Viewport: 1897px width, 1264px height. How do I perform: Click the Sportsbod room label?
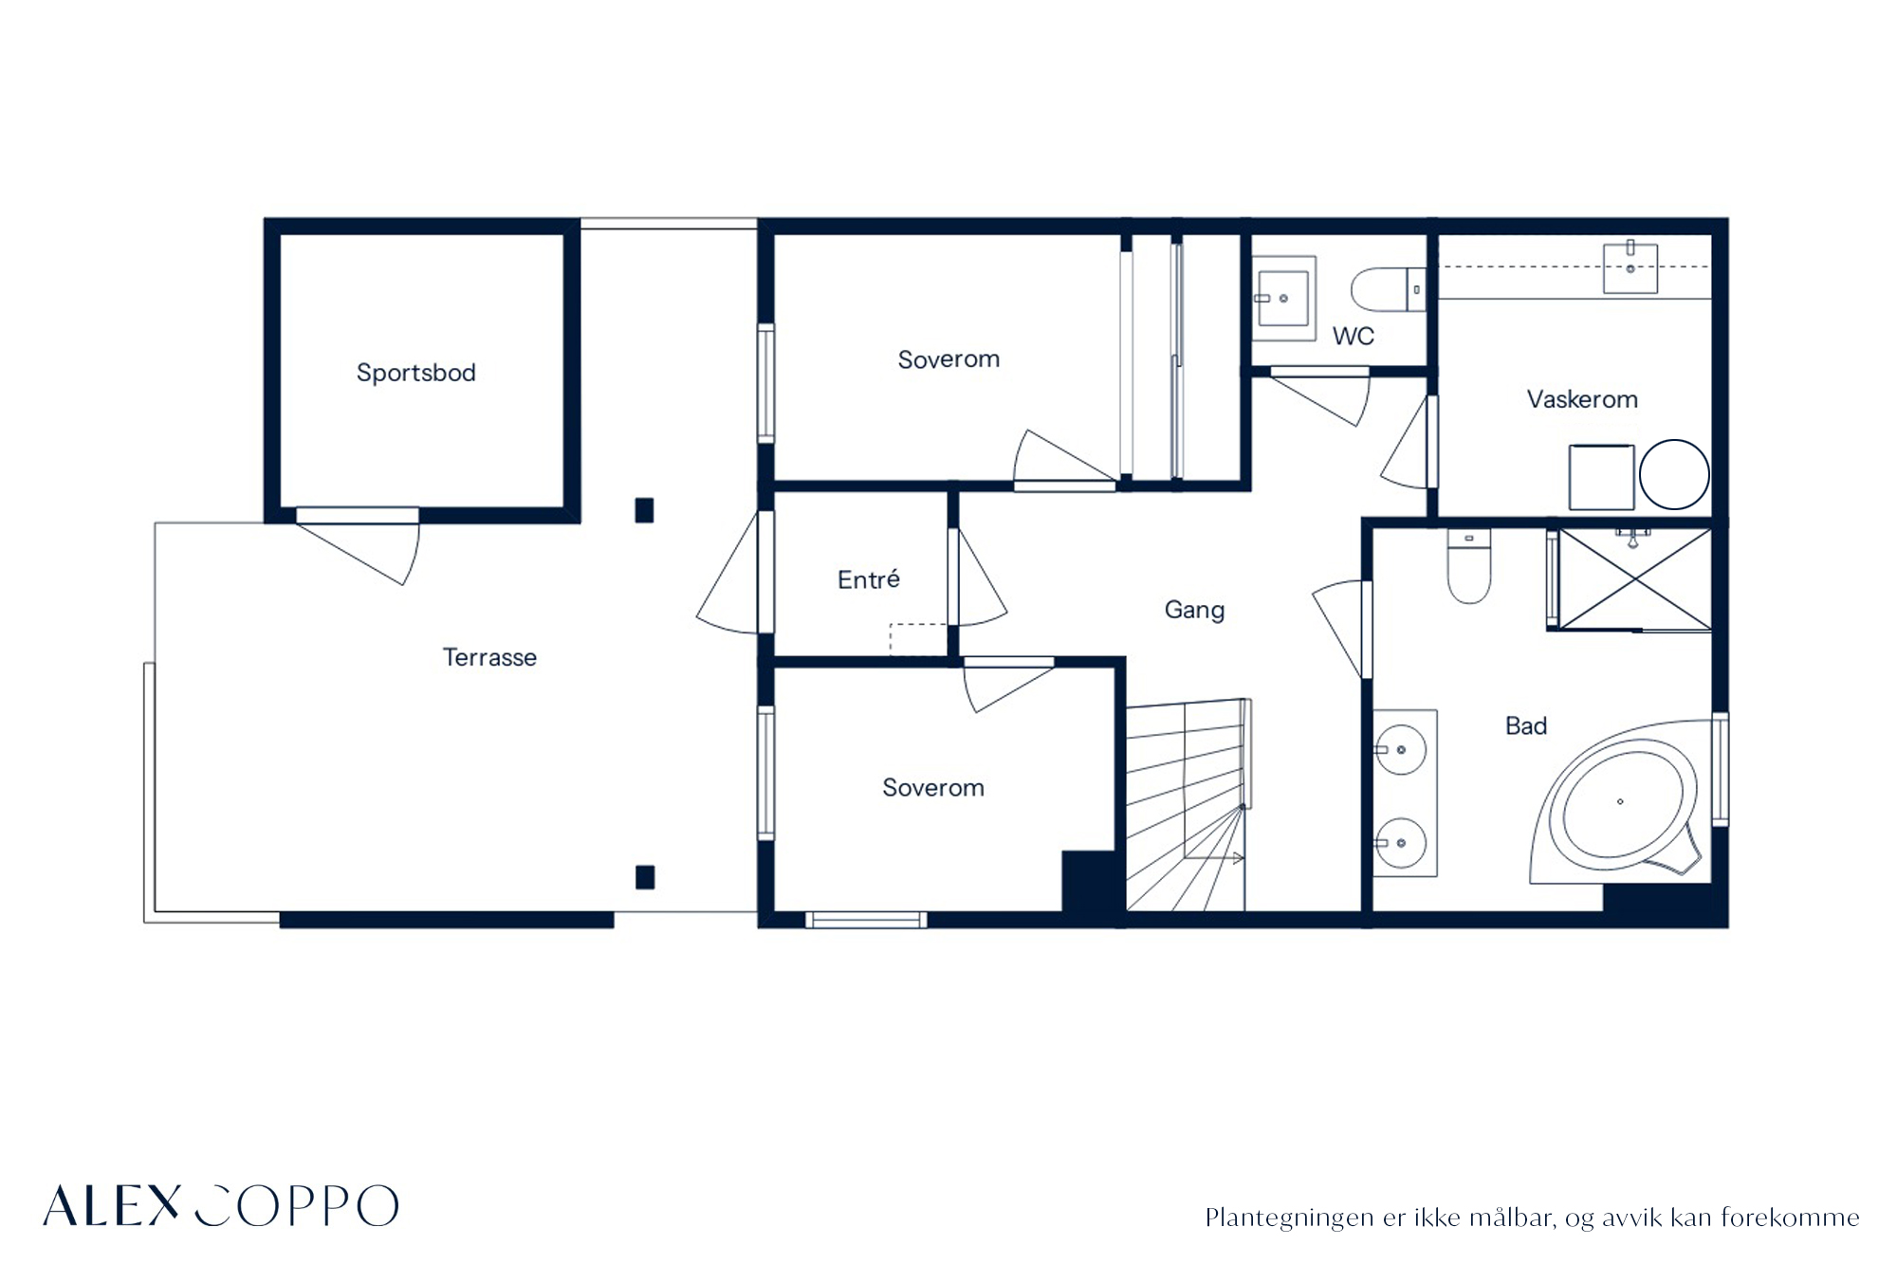(x=415, y=373)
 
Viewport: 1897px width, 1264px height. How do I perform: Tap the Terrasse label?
(x=489, y=657)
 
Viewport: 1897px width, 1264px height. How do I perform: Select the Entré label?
(x=868, y=578)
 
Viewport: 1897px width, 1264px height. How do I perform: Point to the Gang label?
(x=1194, y=610)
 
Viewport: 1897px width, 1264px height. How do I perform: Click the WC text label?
(x=1353, y=336)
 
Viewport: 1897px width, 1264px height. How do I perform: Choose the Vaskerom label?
(x=1582, y=399)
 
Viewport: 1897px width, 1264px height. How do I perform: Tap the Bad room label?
(x=1526, y=725)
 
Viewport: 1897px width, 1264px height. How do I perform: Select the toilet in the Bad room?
(x=1469, y=566)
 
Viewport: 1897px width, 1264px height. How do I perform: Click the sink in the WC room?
(x=1283, y=298)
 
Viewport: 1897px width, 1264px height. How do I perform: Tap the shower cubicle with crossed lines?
(x=1635, y=579)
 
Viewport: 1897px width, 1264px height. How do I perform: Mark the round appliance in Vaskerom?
(x=1674, y=474)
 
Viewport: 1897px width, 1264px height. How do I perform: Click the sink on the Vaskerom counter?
(x=1630, y=267)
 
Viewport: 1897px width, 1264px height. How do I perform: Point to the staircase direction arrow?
(x=1215, y=858)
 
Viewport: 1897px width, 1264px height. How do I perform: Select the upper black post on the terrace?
(x=644, y=510)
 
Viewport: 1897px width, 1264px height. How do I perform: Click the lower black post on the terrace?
(x=645, y=877)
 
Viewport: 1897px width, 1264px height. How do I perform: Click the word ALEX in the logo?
(x=112, y=1205)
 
